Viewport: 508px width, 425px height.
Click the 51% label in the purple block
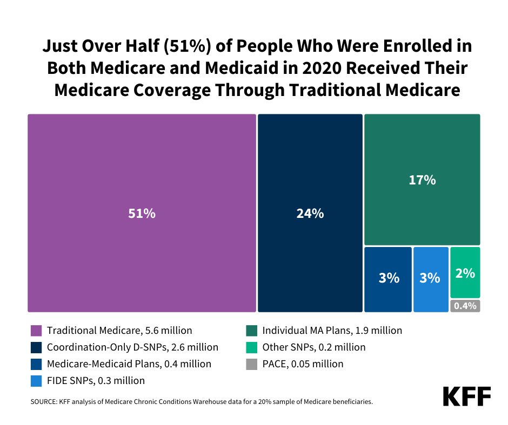[x=142, y=214]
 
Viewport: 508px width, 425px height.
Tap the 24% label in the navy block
[x=310, y=214]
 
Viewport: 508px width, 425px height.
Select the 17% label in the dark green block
[x=422, y=180]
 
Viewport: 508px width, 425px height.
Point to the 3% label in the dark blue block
[x=388, y=278]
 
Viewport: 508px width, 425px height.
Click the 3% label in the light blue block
[x=430, y=278]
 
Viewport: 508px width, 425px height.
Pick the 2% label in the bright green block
[x=465, y=273]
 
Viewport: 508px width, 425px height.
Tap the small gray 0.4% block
[x=465, y=306]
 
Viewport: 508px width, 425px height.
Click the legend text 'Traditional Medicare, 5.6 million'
[x=119, y=330]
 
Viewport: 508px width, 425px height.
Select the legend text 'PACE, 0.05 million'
[x=303, y=364]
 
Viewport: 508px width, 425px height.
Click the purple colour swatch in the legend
[x=36, y=330]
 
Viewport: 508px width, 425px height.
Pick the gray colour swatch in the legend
[x=251, y=364]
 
